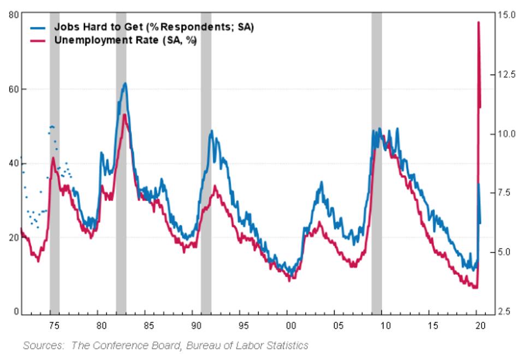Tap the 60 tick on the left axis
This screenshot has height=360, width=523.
[x=10, y=88]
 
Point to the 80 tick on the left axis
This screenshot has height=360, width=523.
[x=10, y=15]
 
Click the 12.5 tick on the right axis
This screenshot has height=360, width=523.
[x=507, y=74]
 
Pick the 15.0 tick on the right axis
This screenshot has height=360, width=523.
[x=507, y=15]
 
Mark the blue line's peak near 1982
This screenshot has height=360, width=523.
[x=125, y=83]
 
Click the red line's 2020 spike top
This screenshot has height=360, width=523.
[x=478, y=22]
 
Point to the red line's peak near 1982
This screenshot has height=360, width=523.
[x=124, y=114]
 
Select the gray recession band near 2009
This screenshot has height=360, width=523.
[x=376, y=164]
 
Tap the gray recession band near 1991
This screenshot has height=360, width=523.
[x=206, y=164]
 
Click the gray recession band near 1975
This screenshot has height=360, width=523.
[x=55, y=164]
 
